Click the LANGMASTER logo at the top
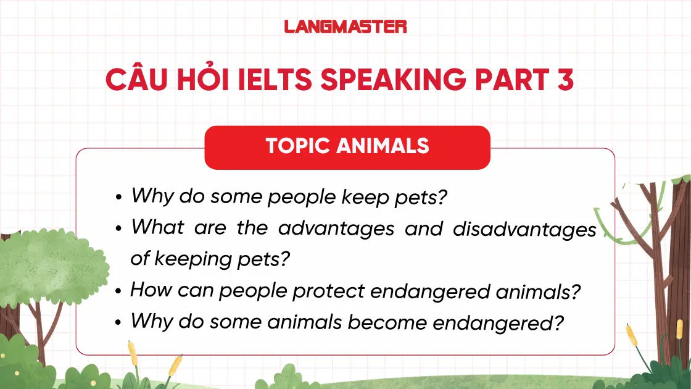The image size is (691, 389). pyautogui.click(x=345, y=27)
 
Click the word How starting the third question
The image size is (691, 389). pyautogui.click(x=151, y=290)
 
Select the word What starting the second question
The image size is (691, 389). pyautogui.click(x=157, y=227)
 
